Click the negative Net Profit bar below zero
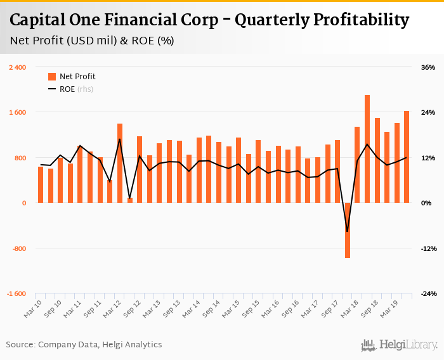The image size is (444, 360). [x=348, y=230]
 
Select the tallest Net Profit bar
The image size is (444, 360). [x=367, y=149]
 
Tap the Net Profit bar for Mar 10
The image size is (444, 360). [x=41, y=184]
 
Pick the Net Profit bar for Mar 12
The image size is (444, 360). [x=120, y=163]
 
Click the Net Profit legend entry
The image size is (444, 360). [x=72, y=77]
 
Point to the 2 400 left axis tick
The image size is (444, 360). [x=17, y=67]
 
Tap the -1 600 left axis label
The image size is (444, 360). [x=16, y=294]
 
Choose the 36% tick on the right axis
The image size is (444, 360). [x=428, y=67]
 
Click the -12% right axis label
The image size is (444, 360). [x=427, y=248]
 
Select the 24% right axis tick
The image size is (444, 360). [x=428, y=113]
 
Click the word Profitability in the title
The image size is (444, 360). [x=322, y=20]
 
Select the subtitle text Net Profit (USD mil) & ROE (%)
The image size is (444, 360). [x=92, y=41]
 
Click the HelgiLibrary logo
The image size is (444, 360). [x=400, y=345]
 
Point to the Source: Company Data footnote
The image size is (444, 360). [x=84, y=345]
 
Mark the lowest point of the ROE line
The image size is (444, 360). [x=348, y=231]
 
